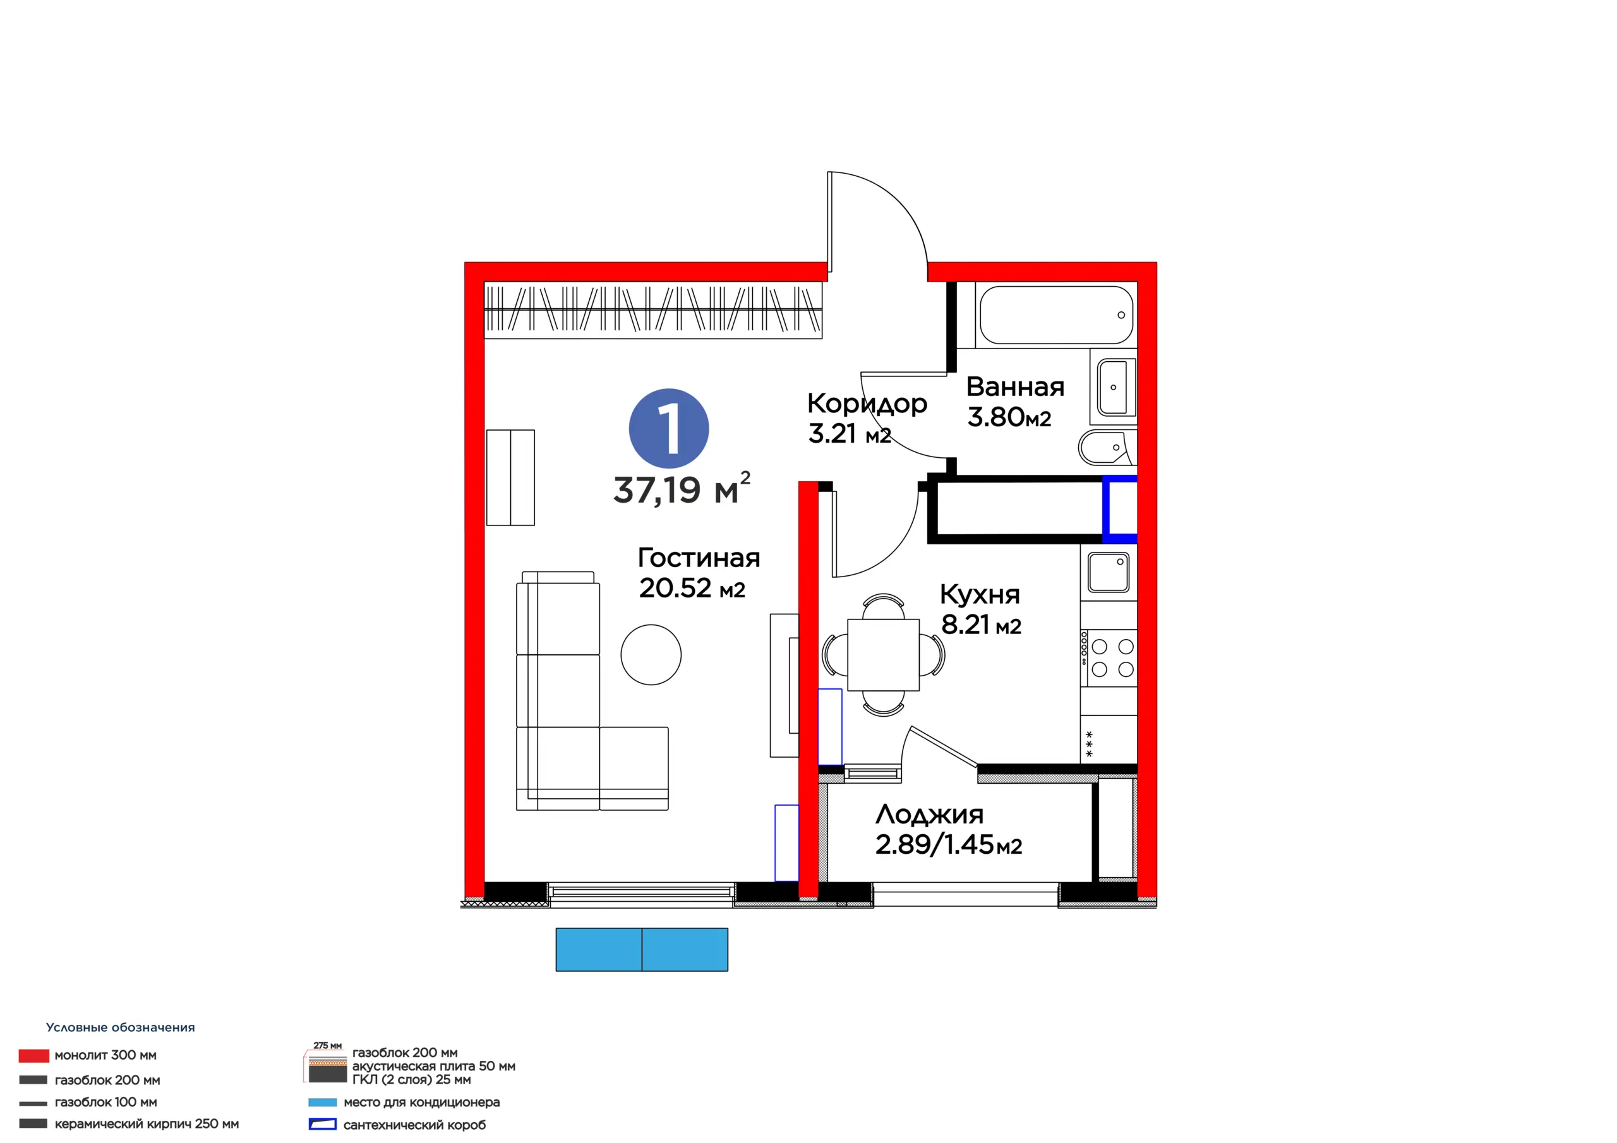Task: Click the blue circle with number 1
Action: pyautogui.click(x=668, y=428)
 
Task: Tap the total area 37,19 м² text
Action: pyautogui.click(x=682, y=489)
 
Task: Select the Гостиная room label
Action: pyautogui.click(x=699, y=558)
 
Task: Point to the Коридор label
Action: pyautogui.click(x=867, y=404)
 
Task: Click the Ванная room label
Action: pyautogui.click(x=1015, y=386)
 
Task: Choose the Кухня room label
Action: pyautogui.click(x=980, y=595)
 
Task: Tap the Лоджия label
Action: pyautogui.click(x=929, y=815)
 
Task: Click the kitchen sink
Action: pyautogui.click(x=1109, y=572)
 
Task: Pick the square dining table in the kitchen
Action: pyautogui.click(x=883, y=655)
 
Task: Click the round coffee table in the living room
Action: pyautogui.click(x=651, y=655)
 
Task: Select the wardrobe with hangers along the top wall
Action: pyautogui.click(x=653, y=310)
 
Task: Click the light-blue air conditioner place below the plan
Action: pyautogui.click(x=642, y=949)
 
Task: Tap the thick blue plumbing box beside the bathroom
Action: pyautogui.click(x=1120, y=508)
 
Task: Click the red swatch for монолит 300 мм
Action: pyautogui.click(x=34, y=1056)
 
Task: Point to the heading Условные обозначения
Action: pyautogui.click(x=121, y=1027)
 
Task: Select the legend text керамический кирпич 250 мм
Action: pyautogui.click(x=147, y=1124)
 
